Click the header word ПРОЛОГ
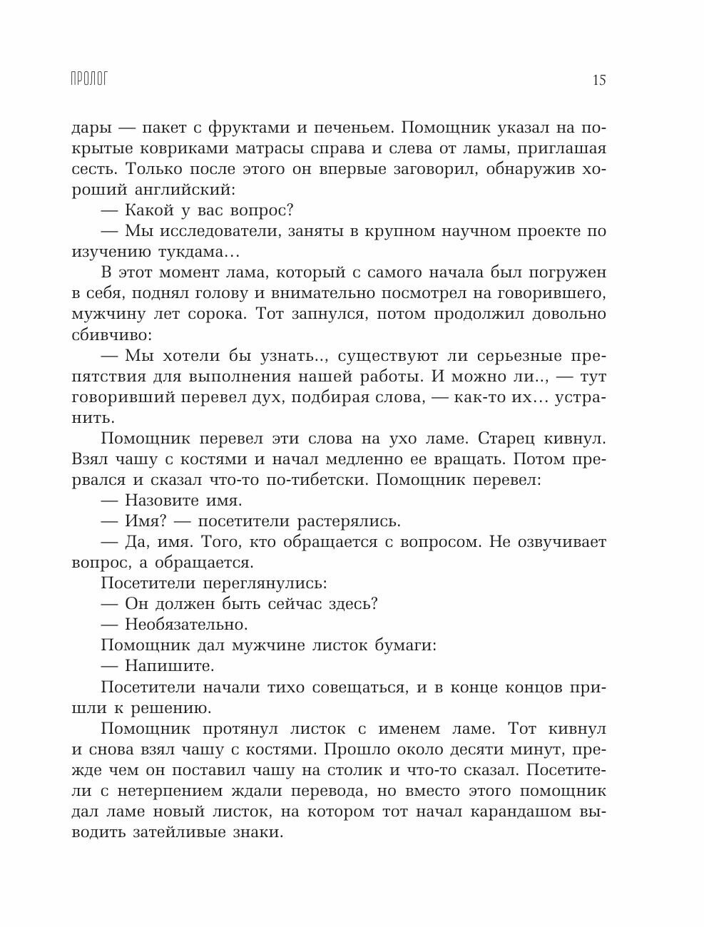point(89,79)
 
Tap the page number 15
point(598,80)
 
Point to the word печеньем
point(347,128)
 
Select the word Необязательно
point(186,624)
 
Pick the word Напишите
point(169,666)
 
